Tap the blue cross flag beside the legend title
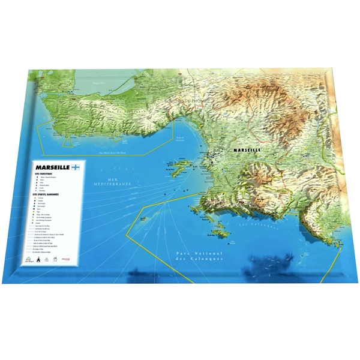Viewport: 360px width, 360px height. pos(75,168)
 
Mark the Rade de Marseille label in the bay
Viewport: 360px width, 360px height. pos(180,139)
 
